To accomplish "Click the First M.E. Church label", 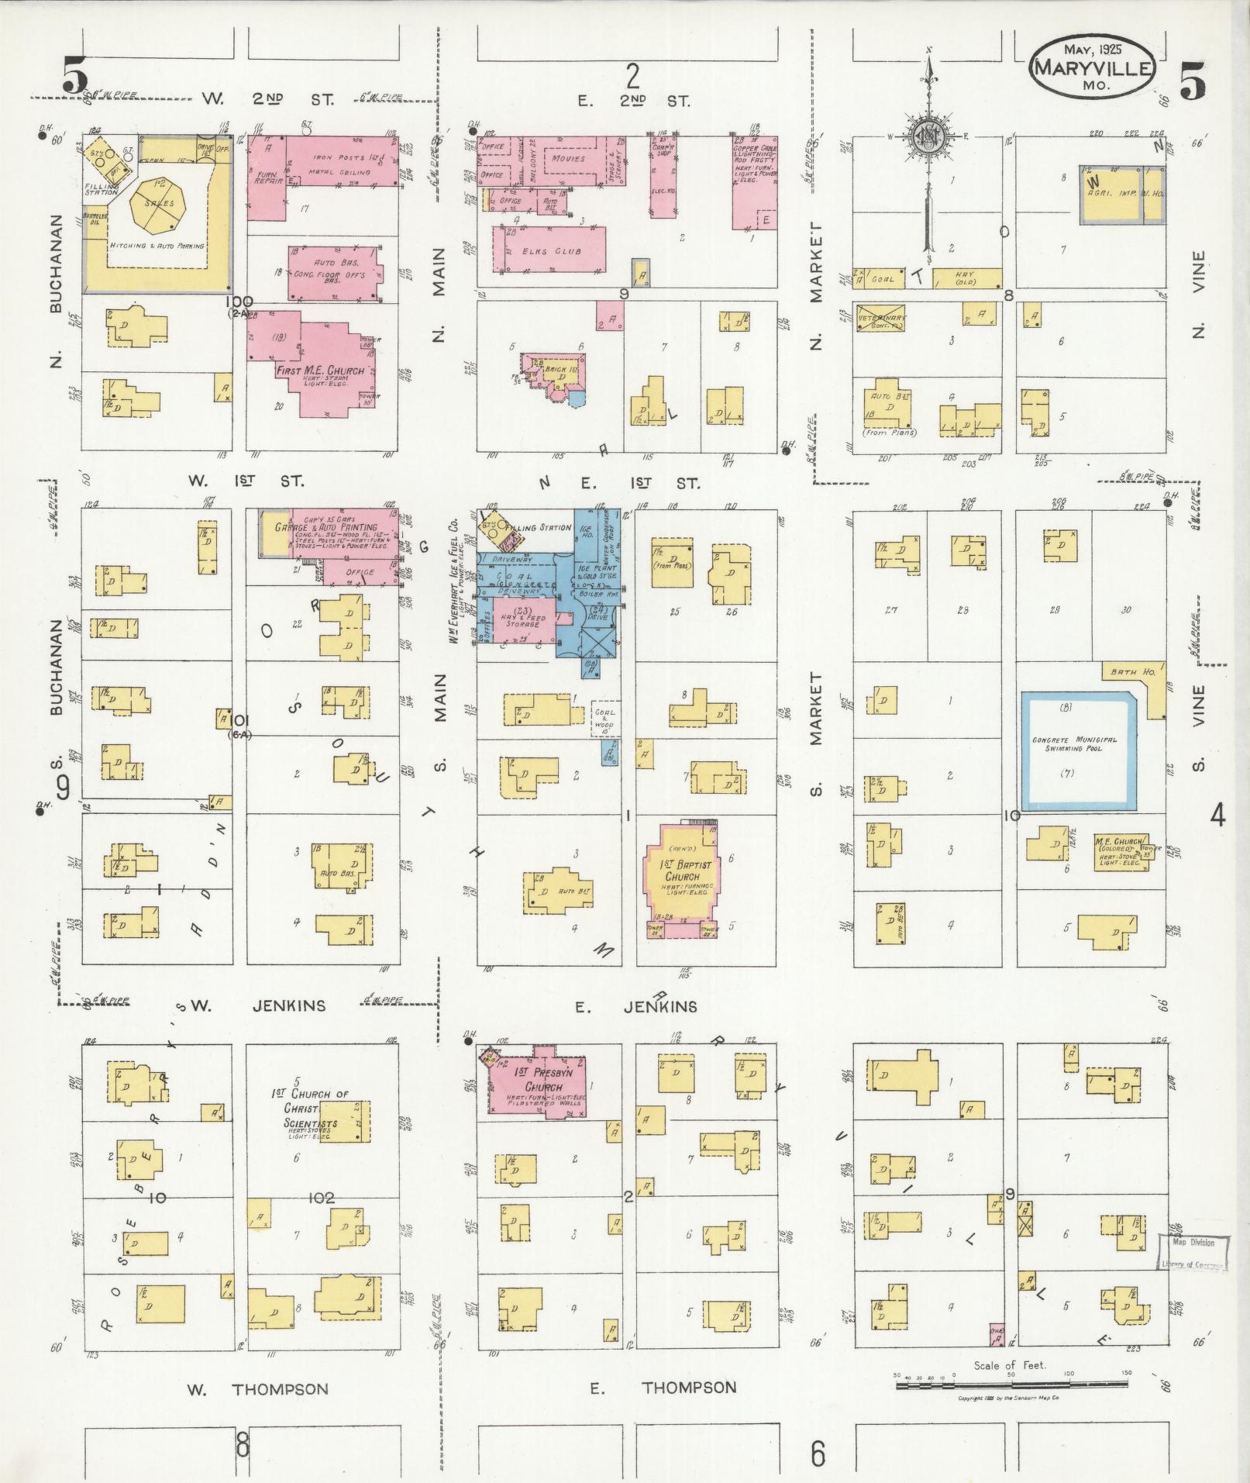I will coord(320,371).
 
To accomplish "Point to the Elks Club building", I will coord(549,250).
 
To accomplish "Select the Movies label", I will coord(569,158).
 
